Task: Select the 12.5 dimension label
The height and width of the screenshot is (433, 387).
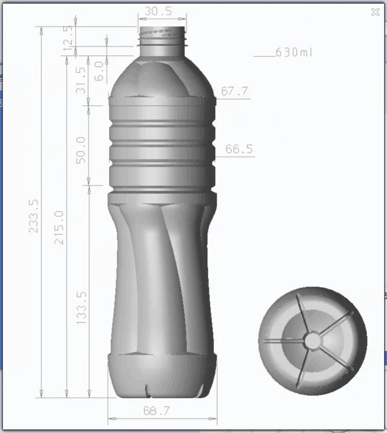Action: coord(70,37)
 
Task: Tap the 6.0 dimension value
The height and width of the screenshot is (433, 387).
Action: coord(99,71)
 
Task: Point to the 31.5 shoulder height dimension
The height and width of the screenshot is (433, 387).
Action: coord(81,80)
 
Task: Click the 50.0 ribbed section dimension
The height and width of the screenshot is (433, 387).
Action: coord(81,150)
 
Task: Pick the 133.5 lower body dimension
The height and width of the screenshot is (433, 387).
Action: coord(81,308)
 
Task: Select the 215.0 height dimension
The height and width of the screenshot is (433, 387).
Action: coord(59,227)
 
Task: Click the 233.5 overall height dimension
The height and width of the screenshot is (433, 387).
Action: coord(34,216)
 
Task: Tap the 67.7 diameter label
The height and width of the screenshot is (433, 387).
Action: coord(235,92)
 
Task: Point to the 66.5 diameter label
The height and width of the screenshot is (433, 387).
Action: coord(239,149)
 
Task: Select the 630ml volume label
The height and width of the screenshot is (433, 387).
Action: coord(295,52)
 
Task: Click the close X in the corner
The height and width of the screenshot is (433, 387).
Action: coord(376,11)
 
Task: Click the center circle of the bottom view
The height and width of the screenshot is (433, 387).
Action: coord(313,341)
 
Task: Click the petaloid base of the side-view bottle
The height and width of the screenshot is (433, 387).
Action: coord(162,376)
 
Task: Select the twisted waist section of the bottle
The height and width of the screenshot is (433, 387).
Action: coord(162,271)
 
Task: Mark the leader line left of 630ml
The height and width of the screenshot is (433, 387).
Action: coord(263,56)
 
